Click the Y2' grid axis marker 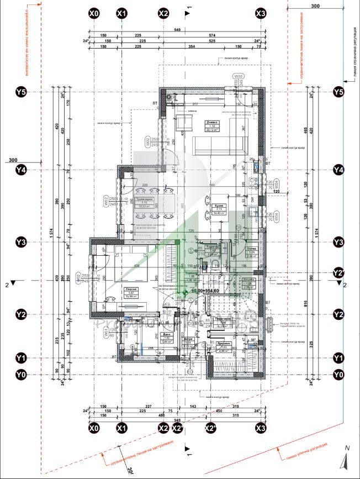coord(339,273)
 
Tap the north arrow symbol coord(346,458)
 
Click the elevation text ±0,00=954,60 coord(205,290)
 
